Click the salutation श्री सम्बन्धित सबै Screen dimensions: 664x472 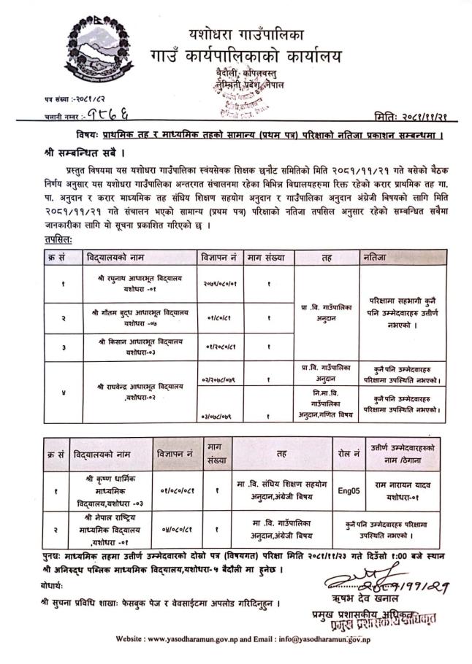(76, 154)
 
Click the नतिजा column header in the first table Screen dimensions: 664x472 (373, 258)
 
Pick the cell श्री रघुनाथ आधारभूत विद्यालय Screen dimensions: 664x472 (132, 282)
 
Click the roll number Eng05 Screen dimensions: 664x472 (348, 490)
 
